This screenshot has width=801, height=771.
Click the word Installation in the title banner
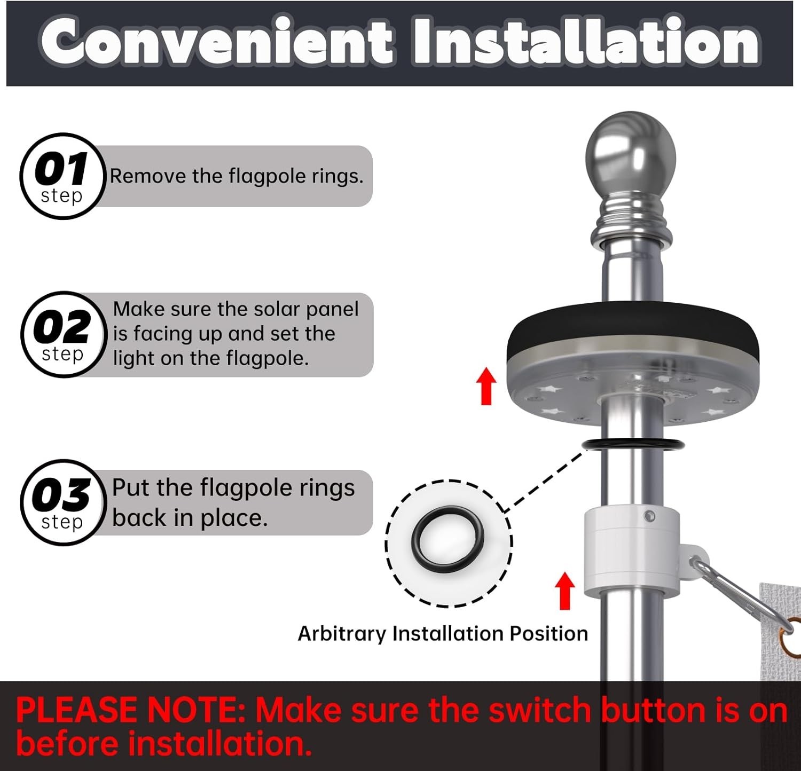pyautogui.click(x=586, y=42)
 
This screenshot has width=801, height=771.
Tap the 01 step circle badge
pyautogui.click(x=62, y=176)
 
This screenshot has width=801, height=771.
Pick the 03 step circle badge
pyautogui.click(x=62, y=502)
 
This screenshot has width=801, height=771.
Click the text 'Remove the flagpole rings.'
pyautogui.click(x=237, y=176)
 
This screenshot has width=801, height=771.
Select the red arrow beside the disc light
pyautogui.click(x=486, y=385)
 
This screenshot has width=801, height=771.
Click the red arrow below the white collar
pyautogui.click(x=565, y=590)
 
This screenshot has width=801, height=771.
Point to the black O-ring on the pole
pyautogui.click(x=632, y=444)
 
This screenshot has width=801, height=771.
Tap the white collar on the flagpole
pyautogui.click(x=630, y=550)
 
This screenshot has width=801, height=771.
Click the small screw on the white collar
pyautogui.click(x=649, y=516)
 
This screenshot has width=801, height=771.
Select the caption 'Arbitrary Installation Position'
pyautogui.click(x=443, y=634)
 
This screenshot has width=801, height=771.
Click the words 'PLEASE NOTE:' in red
pyautogui.click(x=130, y=711)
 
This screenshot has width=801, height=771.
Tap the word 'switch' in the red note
pyautogui.click(x=540, y=711)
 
